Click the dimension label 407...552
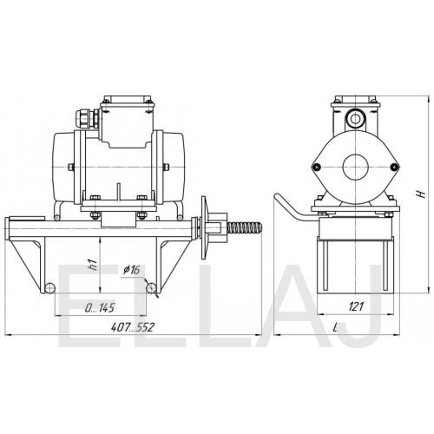coord(133,327)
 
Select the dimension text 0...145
coord(100,307)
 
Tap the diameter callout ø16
coord(132,270)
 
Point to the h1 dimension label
coord(92,265)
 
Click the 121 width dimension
coord(356,306)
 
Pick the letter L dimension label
coord(335,327)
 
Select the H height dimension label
coord(422,194)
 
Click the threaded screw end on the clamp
coord(245,227)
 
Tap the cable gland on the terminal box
coord(87,118)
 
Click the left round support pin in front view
coord(50,287)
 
